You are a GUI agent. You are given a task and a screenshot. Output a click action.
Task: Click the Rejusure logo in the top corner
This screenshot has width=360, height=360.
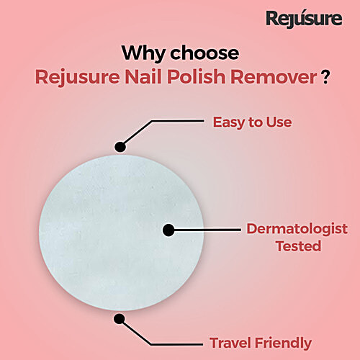point(304,18)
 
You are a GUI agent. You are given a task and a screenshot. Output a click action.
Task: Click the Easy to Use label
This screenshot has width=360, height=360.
point(252,122)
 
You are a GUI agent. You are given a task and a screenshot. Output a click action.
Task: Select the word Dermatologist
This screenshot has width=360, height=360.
point(297,229)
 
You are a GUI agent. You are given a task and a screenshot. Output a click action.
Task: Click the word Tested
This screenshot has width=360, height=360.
point(298,246)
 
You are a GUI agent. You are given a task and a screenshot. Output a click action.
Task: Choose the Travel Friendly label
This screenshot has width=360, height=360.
point(260,343)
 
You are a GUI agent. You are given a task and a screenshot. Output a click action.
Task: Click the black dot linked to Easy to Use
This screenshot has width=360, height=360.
point(120,147)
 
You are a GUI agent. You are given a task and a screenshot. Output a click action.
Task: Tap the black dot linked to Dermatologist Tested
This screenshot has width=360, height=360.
point(169,231)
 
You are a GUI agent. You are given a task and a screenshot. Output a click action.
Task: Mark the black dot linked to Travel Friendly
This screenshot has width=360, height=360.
point(120,317)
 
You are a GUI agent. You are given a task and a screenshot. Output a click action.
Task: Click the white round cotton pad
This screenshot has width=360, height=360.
point(108,230)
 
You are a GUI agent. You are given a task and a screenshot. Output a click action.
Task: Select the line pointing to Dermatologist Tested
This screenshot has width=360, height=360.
point(209,231)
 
